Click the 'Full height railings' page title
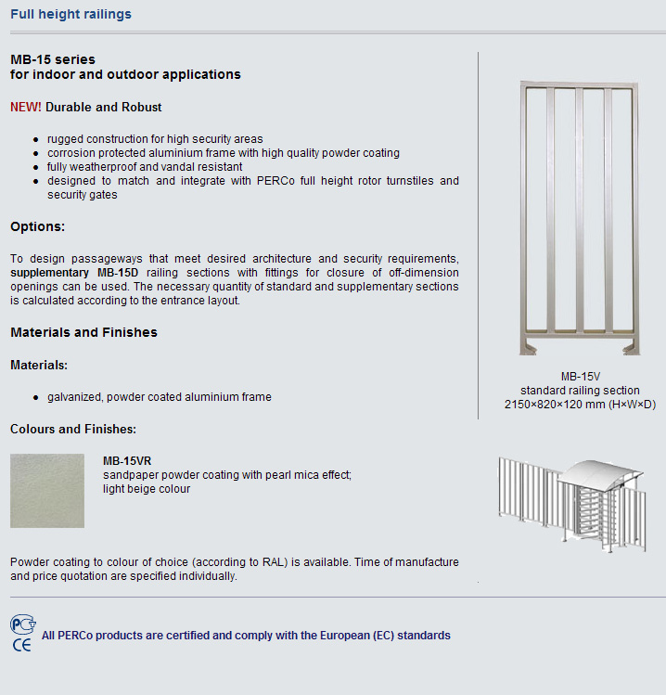pyautogui.click(x=70, y=14)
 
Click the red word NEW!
pyautogui.click(x=25, y=107)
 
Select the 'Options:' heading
pyautogui.click(x=37, y=226)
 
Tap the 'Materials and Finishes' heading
pyautogui.click(x=83, y=332)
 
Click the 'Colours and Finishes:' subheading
pyautogui.click(x=73, y=429)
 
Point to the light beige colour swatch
pyautogui.click(x=47, y=491)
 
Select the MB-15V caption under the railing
pyautogui.click(x=580, y=377)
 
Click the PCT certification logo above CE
pyautogui.click(x=22, y=624)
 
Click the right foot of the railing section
pyautogui.click(x=631, y=347)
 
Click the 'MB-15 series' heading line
pyautogui.click(x=53, y=59)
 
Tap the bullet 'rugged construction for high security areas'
pyautogui.click(x=155, y=139)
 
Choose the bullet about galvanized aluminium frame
pyautogui.click(x=160, y=397)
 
